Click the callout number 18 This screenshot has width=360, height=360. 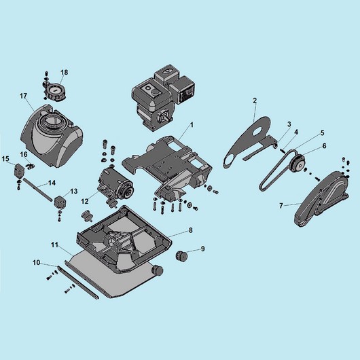point(65,72)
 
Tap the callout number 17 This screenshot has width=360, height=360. point(23,96)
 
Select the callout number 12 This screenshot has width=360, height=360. point(85,201)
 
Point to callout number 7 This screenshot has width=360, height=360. point(281,206)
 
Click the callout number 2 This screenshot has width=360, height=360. point(255,101)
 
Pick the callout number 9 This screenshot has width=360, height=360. point(202,249)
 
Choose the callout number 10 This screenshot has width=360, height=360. point(36,263)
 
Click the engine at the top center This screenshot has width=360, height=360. point(164,98)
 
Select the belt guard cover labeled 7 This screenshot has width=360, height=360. point(321,199)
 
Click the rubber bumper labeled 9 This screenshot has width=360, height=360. point(181,256)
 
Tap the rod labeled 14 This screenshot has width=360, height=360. point(37,190)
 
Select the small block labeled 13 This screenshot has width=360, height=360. point(60,202)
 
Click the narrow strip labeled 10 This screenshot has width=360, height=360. point(78,283)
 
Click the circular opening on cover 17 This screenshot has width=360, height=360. point(53,120)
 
